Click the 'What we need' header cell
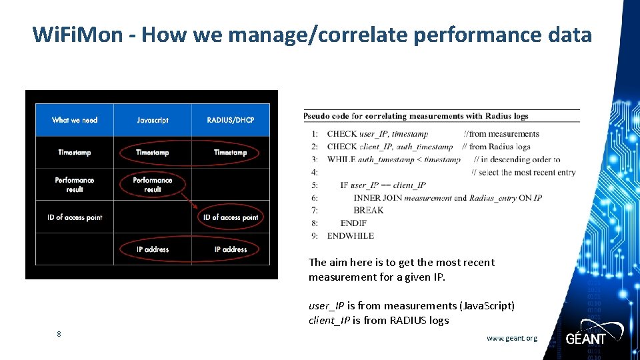coord(75,120)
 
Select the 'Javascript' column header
coord(153,120)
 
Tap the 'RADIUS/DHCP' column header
coord(231,120)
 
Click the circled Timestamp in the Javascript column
coord(153,153)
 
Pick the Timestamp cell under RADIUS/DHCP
coord(231,153)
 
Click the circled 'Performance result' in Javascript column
coord(153,185)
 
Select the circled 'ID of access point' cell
coord(231,217)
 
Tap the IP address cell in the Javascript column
coord(153,249)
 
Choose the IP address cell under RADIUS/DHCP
coord(231,249)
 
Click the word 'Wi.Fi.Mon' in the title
coord(77,35)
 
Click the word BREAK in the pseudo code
coord(369,211)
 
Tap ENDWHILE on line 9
coord(351,236)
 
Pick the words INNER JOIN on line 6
coord(377,198)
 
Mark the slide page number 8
coord(59,334)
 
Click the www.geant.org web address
coord(511,338)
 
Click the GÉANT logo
coord(586,337)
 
